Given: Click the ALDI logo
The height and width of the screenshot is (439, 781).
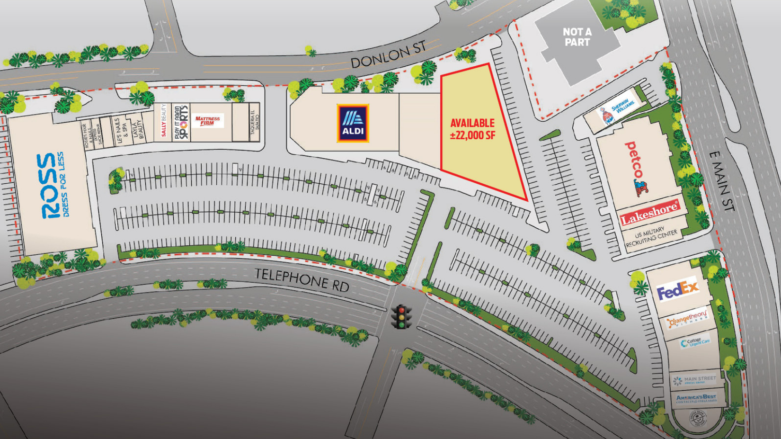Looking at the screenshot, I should [353, 123].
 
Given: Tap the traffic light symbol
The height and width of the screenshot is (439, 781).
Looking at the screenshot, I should [401, 316].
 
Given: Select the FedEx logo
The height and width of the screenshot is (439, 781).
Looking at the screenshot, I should [677, 289].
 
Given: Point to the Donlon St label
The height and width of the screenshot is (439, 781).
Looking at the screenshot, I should [388, 55].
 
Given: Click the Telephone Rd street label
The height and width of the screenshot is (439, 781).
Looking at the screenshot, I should [302, 279].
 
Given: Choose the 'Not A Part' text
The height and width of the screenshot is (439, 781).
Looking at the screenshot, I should [577, 37].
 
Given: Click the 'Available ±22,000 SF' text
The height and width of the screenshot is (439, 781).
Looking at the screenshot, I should [472, 129].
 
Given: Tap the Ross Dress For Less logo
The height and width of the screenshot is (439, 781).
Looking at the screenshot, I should [52, 185].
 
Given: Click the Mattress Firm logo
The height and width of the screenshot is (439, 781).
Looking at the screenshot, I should [207, 121].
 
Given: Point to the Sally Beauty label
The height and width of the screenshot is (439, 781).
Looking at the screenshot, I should [164, 120].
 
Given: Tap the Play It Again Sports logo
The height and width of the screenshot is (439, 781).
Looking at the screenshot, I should [181, 122].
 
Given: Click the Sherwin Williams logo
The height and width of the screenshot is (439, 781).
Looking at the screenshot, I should [616, 110].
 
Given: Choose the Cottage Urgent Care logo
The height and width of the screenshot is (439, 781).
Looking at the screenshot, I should [695, 342].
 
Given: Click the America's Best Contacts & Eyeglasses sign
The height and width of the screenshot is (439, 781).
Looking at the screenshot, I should [695, 399].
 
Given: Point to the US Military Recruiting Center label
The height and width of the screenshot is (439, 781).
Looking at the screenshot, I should [651, 237].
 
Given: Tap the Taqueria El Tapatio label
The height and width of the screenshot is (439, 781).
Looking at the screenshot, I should [254, 122].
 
